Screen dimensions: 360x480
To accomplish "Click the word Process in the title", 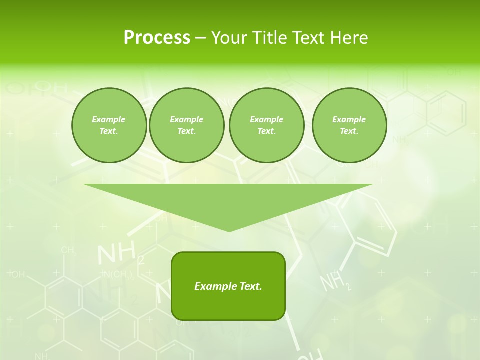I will (x=157, y=38).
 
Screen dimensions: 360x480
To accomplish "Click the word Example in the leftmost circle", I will (x=109, y=119).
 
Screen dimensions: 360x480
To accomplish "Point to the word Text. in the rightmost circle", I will (x=349, y=131).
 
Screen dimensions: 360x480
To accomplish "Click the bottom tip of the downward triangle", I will (x=229, y=230).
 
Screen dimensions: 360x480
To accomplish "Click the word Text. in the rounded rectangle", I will (x=251, y=286).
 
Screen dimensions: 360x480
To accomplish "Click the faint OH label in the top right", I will (x=453, y=72).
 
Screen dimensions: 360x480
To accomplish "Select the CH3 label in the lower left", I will (x=69, y=250).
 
